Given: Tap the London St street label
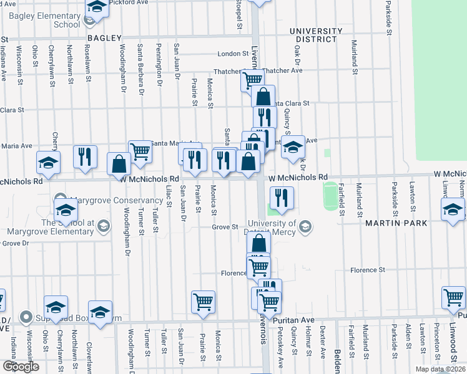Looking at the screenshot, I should coord(233,54).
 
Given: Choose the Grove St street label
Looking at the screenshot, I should coord(227,227).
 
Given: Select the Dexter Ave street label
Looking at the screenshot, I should coord(322,345).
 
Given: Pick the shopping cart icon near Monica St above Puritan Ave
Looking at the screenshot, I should coord(204,302).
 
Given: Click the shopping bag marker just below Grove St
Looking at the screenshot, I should coord(258,243).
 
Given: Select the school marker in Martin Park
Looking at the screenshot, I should coord(453,209).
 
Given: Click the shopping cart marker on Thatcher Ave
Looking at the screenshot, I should coord(252,80).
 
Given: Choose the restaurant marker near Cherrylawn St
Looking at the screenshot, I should coord(85,156).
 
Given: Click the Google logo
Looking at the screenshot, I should coord(21,367).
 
